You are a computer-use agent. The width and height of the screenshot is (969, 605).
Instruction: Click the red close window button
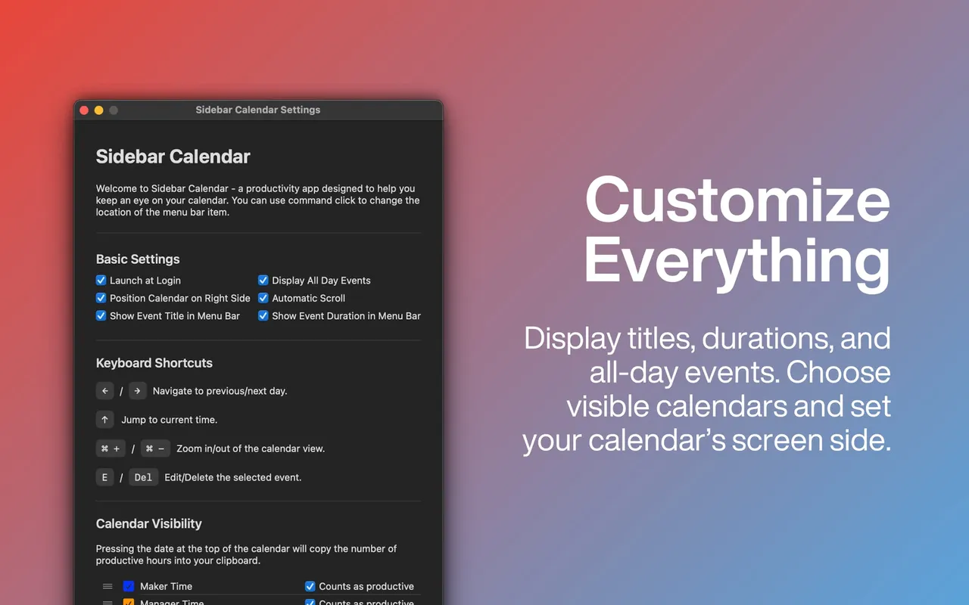[84, 110]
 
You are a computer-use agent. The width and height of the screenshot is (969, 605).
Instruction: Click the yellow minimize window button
[98, 110]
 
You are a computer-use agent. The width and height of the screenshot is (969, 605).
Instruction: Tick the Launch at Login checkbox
[101, 281]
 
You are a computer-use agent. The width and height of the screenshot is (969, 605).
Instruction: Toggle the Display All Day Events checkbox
[263, 281]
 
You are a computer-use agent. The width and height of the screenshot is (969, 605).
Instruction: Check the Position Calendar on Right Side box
[101, 298]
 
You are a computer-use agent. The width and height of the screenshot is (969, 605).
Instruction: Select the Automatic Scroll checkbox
[263, 298]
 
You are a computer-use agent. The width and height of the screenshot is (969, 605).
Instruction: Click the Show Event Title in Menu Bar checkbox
[101, 316]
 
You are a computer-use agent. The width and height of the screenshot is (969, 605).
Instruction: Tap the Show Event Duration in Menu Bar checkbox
[263, 316]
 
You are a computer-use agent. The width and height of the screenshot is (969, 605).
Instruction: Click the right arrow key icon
[137, 391]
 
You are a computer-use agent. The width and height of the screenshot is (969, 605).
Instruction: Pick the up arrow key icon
[104, 420]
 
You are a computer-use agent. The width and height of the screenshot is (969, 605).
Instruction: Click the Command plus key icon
[111, 448]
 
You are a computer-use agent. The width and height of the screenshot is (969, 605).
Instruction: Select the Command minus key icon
[155, 448]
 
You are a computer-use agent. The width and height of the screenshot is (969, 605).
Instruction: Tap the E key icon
[104, 477]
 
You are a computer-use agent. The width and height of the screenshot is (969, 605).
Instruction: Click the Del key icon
[143, 477]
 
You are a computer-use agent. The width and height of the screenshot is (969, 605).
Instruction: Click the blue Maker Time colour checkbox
[129, 586]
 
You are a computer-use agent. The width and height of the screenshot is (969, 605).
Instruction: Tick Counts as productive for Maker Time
[310, 586]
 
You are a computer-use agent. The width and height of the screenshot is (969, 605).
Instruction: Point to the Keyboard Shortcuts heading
[154, 363]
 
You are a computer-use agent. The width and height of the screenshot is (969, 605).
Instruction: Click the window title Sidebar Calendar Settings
[258, 110]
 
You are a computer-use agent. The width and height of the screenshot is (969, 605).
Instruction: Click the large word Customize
[737, 200]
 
